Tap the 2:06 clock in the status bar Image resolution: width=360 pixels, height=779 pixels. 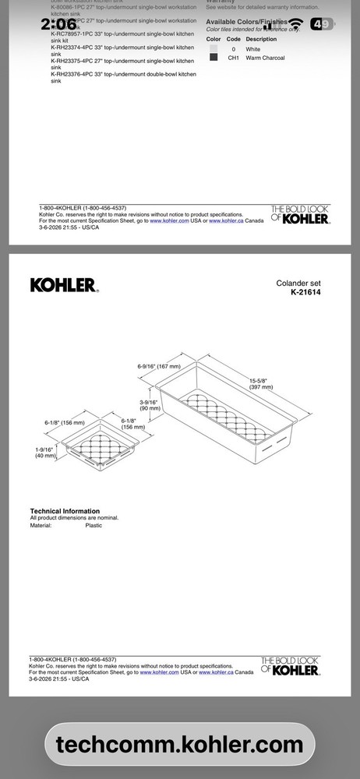click(58, 24)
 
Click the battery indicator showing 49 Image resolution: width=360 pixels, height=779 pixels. click(321, 24)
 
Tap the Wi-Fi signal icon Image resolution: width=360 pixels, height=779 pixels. click(295, 24)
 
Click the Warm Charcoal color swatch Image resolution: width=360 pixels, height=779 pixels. click(214, 58)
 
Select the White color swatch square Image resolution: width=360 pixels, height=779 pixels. click(214, 48)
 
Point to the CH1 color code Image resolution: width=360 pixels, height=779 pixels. click(233, 58)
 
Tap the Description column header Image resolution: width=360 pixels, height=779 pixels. click(261, 39)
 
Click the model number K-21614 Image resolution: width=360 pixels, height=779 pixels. click(305, 293)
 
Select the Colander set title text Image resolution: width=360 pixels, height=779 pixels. click(298, 284)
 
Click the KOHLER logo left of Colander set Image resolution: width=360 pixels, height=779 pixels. click(64, 285)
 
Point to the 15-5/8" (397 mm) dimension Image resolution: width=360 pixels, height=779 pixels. click(261, 383)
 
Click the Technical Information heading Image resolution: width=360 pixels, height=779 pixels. click(65, 511)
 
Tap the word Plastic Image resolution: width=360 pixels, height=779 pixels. click(94, 526)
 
